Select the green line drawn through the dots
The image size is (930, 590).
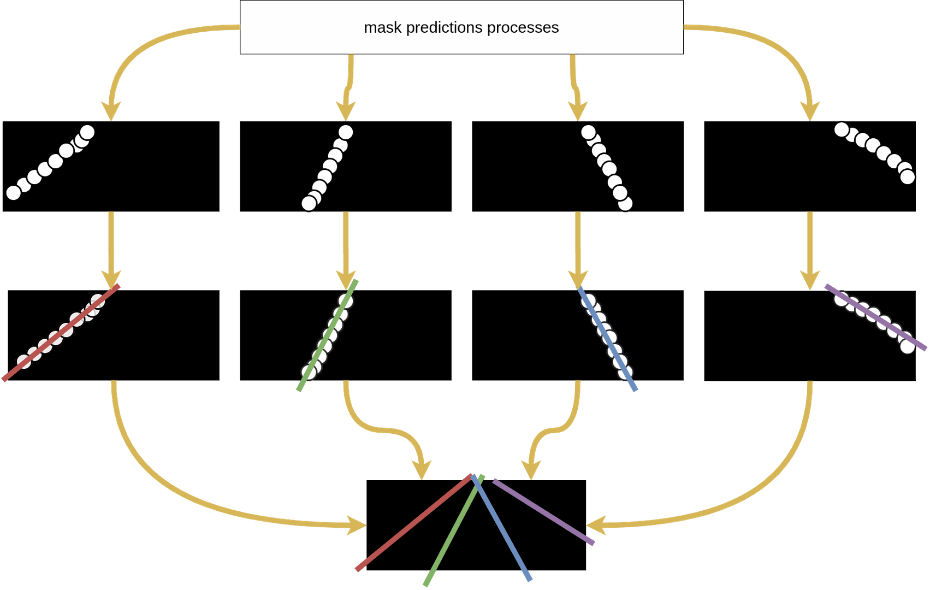(328, 335)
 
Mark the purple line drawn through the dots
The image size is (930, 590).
(875, 317)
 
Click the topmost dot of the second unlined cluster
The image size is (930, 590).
(346, 132)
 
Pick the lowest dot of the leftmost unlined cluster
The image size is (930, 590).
(14, 192)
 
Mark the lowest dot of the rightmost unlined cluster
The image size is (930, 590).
(907, 177)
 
